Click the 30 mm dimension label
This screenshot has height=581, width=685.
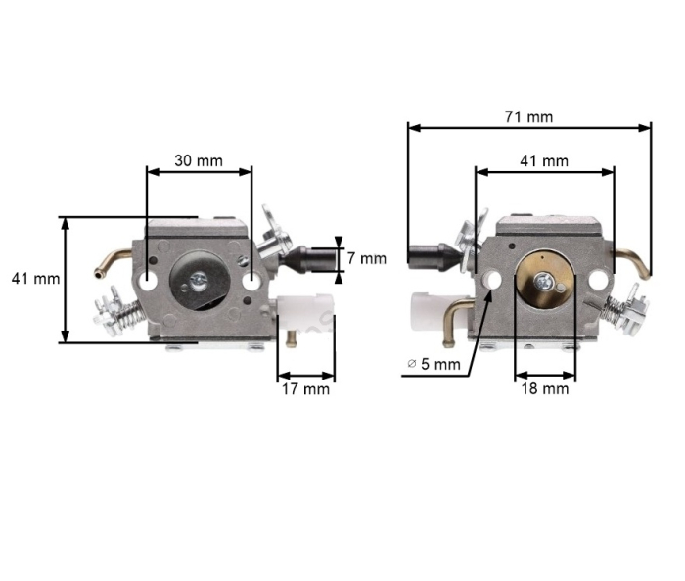coord(199,159)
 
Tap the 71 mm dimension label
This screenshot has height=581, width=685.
coord(528,116)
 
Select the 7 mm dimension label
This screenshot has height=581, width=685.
coord(367,258)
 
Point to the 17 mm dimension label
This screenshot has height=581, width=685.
coord(304,388)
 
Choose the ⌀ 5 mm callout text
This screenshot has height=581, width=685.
coord(433,364)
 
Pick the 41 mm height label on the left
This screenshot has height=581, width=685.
coord(35,278)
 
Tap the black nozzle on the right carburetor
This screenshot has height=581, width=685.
coord(430,257)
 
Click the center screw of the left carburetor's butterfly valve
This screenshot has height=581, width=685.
coord(200,281)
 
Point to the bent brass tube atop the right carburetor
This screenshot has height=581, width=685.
coord(631,258)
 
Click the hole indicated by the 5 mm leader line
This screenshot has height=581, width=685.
coord(492,280)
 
